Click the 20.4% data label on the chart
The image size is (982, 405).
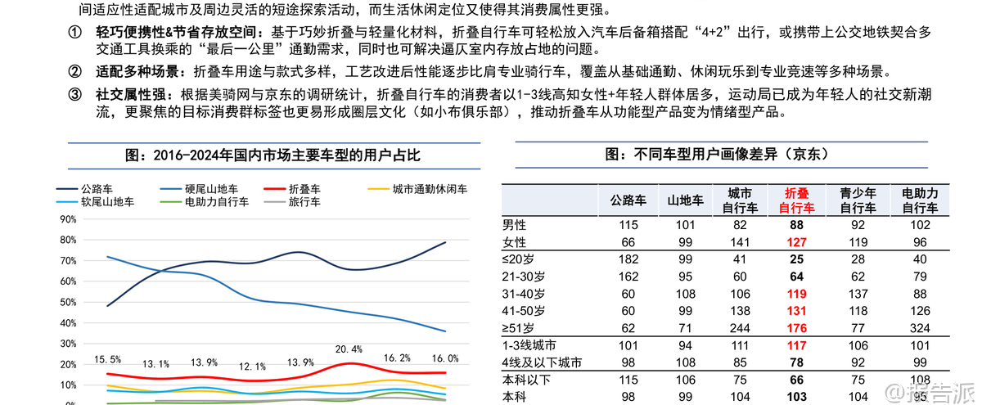(349, 349)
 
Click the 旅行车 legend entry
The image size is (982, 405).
(304, 201)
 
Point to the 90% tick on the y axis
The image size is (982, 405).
(67, 219)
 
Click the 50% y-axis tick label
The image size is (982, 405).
(67, 302)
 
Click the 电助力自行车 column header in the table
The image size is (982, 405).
(919, 200)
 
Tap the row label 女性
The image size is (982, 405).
(515, 241)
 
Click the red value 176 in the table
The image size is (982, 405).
(795, 328)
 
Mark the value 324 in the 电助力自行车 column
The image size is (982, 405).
(919, 328)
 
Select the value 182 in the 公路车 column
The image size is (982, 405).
(628, 259)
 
